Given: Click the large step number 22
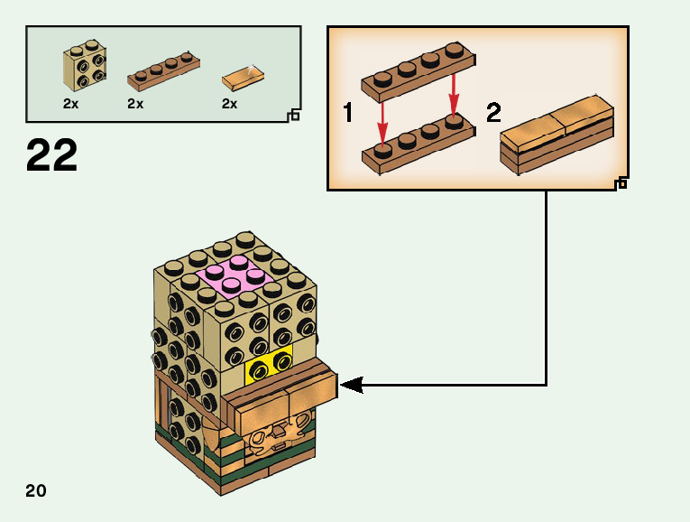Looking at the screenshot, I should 52,155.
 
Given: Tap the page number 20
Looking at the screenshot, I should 36,491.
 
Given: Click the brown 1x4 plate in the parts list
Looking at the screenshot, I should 162,72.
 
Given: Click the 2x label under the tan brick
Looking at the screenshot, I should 71,104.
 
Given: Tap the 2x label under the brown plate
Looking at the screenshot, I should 135,104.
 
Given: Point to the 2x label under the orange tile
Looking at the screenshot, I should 230,104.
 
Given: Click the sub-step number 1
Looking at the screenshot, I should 348,114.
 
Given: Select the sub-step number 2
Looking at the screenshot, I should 493,114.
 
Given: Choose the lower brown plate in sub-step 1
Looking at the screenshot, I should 418,144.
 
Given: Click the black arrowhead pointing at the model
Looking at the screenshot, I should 351,386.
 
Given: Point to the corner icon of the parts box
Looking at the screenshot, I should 293,115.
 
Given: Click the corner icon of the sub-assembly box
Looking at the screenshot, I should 621,183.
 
